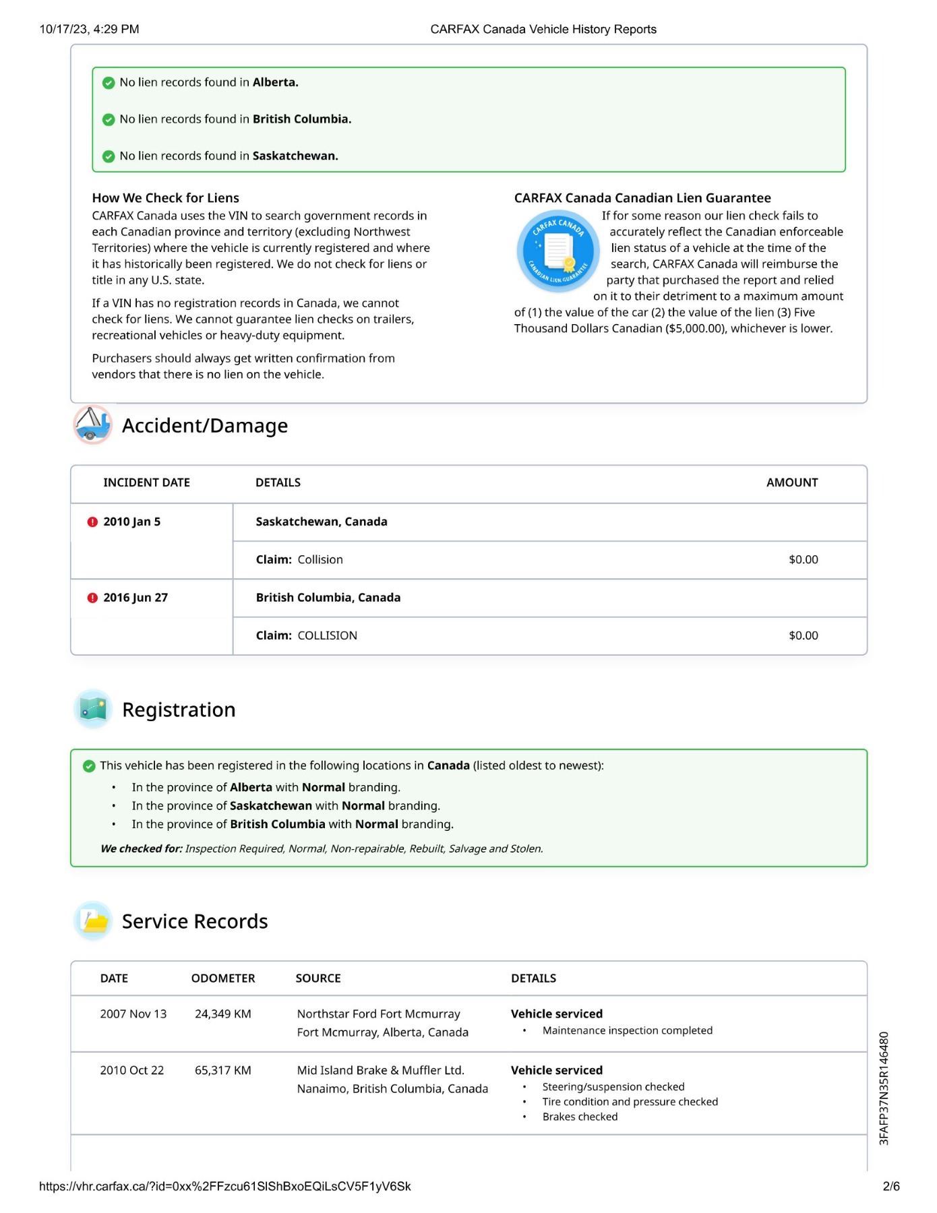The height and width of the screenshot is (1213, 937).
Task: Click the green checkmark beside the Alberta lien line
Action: click(108, 83)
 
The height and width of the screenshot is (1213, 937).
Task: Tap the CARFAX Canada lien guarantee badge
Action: click(557, 251)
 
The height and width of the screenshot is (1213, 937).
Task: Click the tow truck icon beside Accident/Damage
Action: click(92, 425)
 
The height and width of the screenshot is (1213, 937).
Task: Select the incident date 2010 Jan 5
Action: click(131, 522)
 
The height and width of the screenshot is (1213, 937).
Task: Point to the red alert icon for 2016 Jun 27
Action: click(92, 598)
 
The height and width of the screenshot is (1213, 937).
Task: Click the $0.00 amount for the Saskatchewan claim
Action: click(803, 560)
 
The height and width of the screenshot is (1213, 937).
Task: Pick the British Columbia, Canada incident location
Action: click(328, 598)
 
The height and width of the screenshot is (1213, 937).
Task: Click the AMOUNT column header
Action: click(791, 483)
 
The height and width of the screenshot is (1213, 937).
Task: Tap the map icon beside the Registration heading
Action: click(93, 709)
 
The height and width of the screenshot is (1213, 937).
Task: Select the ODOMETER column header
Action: click(223, 978)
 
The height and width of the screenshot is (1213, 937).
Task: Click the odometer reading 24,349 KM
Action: click(222, 1014)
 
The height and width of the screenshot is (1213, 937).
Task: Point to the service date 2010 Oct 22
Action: click(132, 1071)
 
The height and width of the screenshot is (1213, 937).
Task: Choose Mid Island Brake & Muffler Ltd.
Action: click(380, 1071)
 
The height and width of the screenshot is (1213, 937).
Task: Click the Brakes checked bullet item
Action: click(580, 1117)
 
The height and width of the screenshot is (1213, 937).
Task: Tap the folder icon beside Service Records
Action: click(93, 921)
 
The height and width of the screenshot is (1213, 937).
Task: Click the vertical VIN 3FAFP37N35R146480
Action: click(884, 1088)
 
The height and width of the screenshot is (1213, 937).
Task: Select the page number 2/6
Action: click(890, 1187)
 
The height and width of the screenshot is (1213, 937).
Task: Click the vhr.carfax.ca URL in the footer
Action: click(224, 1187)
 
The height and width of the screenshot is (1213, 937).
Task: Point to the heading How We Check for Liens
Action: click(165, 198)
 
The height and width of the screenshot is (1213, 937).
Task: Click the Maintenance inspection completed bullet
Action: click(627, 1030)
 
